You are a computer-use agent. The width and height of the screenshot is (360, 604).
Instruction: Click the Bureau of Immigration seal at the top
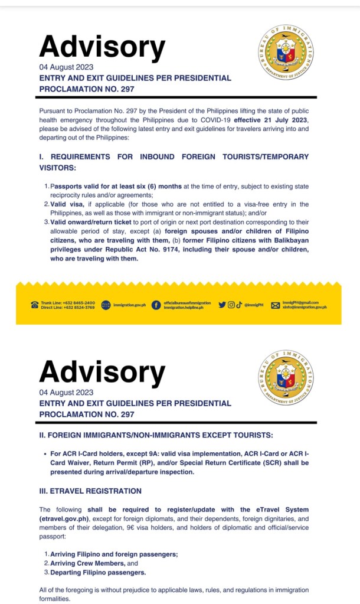point(286,53)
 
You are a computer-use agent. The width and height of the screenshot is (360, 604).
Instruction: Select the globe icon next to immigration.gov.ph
point(106,305)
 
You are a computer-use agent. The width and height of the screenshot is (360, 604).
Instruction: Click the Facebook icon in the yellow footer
point(156,305)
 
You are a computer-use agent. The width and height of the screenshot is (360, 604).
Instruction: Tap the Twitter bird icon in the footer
point(222,305)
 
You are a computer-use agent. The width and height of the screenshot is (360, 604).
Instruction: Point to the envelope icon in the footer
point(275,305)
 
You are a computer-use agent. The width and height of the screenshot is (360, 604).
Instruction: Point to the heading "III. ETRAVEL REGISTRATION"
point(90,491)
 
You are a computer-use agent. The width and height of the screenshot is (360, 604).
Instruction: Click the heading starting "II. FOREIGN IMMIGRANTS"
point(156,435)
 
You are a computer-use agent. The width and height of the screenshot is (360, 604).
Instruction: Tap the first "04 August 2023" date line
point(66,67)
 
